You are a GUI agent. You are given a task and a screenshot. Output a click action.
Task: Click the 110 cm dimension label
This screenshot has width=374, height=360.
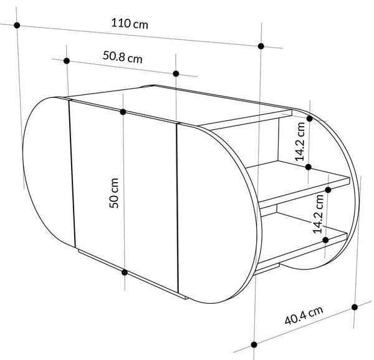[130, 24]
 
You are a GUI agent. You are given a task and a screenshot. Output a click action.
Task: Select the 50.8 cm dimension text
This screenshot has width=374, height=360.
[123, 57]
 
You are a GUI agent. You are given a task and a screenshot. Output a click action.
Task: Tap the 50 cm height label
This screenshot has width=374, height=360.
[114, 193]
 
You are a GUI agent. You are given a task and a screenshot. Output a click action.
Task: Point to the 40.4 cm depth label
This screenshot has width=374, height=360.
[304, 315]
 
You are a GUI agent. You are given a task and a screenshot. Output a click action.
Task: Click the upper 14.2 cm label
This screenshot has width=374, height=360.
[300, 142]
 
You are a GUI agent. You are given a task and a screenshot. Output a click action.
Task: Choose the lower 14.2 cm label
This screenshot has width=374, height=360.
[318, 214]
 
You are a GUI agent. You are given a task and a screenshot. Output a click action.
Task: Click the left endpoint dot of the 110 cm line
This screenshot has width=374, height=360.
[17, 25]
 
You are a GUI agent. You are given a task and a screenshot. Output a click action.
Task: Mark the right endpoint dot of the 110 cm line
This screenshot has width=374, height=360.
[261, 46]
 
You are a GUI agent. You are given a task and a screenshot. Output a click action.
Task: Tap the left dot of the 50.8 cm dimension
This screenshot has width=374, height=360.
[67, 61]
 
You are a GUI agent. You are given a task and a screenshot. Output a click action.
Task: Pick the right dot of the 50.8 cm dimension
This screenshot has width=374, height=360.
[176, 74]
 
